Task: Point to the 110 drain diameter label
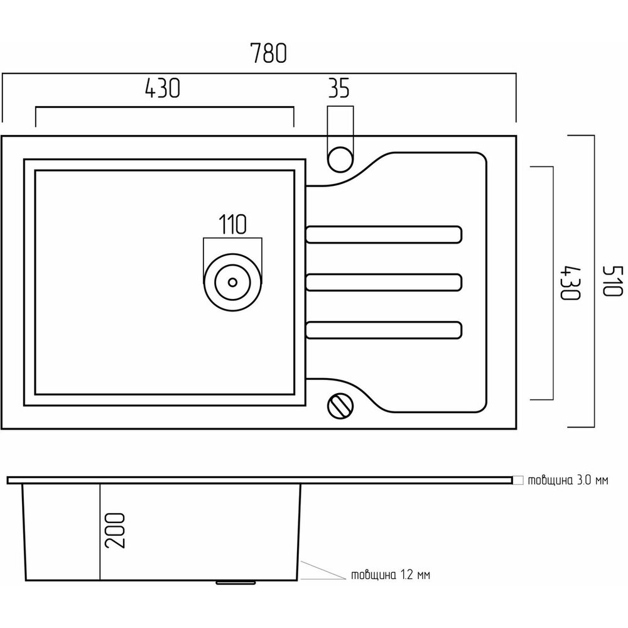coord(232,224)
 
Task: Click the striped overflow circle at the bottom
coord(340,405)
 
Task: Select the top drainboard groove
coord(384,233)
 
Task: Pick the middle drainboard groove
coord(384,281)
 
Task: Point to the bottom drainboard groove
coord(384,330)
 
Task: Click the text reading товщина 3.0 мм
coord(568,481)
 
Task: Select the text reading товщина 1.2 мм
coord(391,575)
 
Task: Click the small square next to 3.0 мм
coord(517,480)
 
